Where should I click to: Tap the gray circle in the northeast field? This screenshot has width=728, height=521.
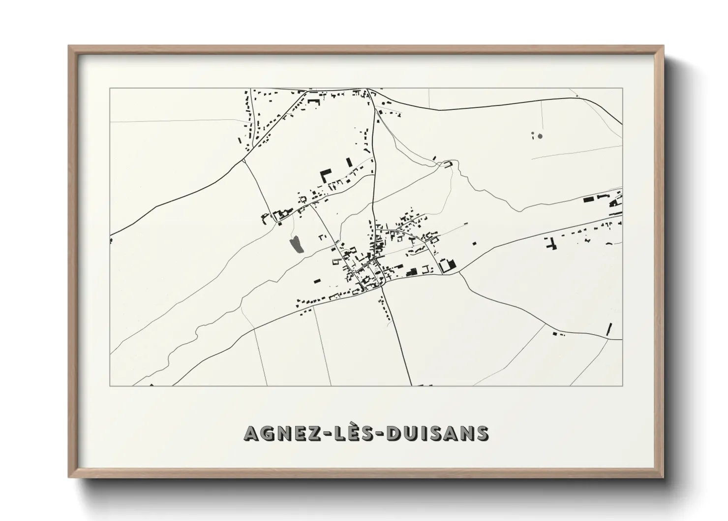pos(540,135)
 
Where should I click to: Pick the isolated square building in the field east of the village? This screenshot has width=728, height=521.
pos(474,243)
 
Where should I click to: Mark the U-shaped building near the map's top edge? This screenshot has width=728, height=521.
pos(313,101)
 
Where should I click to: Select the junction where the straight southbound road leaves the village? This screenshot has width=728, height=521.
pos(381,288)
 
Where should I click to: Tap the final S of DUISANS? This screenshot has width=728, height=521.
pos(481,433)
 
